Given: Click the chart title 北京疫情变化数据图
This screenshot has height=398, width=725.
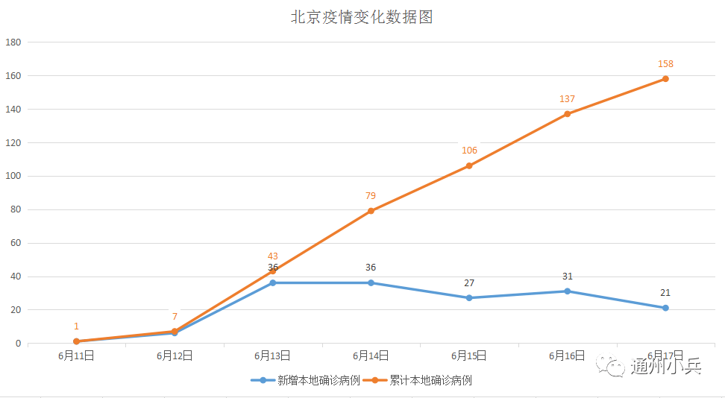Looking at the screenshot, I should click(x=362, y=17).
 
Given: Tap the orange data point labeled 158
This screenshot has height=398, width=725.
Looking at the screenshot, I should click(x=665, y=79).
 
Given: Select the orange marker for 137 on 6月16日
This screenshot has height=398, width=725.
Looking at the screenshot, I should click(x=568, y=114).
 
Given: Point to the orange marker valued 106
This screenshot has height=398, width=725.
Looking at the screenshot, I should click(x=469, y=165).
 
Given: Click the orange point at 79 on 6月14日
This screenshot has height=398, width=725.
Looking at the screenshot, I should click(x=371, y=211).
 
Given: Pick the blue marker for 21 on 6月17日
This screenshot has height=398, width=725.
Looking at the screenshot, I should click(x=665, y=308).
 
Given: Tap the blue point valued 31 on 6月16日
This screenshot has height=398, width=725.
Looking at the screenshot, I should click(x=568, y=291).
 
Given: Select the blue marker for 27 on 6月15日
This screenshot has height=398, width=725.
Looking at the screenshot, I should click(x=469, y=298).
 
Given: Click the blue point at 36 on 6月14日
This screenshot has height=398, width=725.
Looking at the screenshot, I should click(x=371, y=283).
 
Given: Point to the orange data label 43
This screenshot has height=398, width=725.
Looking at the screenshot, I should click(x=273, y=256).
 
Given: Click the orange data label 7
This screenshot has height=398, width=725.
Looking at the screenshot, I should click(x=175, y=317).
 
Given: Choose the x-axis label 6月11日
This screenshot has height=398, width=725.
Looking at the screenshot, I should click(x=76, y=356).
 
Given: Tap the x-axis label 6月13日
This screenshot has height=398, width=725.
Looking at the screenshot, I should click(x=273, y=356).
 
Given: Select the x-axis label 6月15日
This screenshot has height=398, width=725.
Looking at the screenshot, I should click(x=469, y=356).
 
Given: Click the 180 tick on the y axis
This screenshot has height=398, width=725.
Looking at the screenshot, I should click(x=13, y=42).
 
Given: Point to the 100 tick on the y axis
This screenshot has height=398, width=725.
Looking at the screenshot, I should click(x=13, y=177).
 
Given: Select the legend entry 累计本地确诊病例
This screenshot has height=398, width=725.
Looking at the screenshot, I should click(x=430, y=380).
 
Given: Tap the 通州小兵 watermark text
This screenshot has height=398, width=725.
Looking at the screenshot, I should click(x=666, y=367).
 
